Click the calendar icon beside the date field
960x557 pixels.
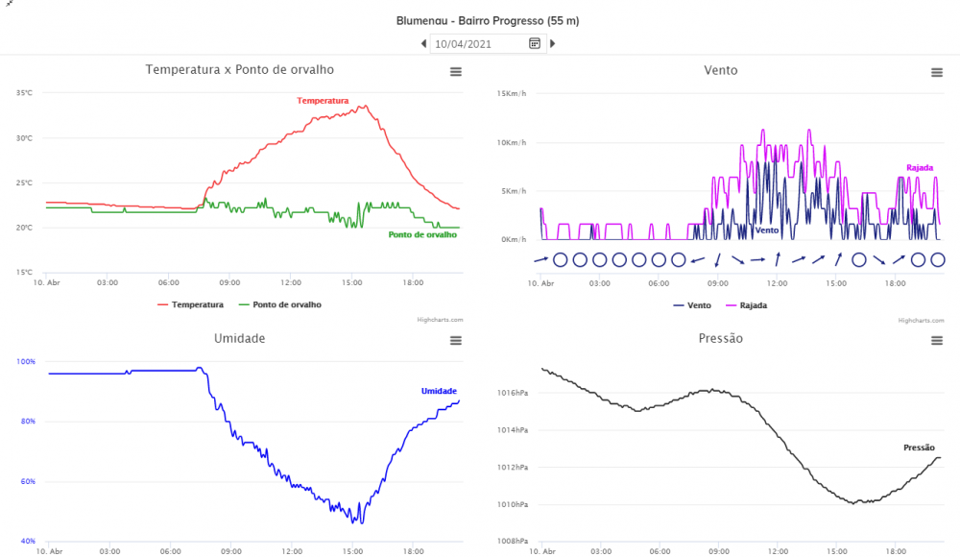(x=535, y=43)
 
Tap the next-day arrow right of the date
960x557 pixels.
(x=552, y=43)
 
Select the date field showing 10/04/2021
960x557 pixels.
(x=478, y=43)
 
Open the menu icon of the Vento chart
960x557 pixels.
(x=936, y=72)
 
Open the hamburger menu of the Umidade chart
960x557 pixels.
(x=455, y=341)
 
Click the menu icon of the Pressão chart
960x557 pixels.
(x=936, y=341)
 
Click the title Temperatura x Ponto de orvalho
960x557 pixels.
(x=240, y=69)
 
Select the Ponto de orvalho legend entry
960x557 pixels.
(x=286, y=304)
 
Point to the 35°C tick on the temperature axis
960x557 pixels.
(x=24, y=93)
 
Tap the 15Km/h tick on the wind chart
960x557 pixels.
(x=510, y=93)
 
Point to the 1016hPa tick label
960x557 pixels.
(x=512, y=393)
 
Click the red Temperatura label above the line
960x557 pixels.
(x=323, y=101)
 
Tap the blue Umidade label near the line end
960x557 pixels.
(x=439, y=391)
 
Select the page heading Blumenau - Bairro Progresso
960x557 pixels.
(x=488, y=20)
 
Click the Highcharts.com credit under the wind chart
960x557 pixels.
(x=920, y=320)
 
